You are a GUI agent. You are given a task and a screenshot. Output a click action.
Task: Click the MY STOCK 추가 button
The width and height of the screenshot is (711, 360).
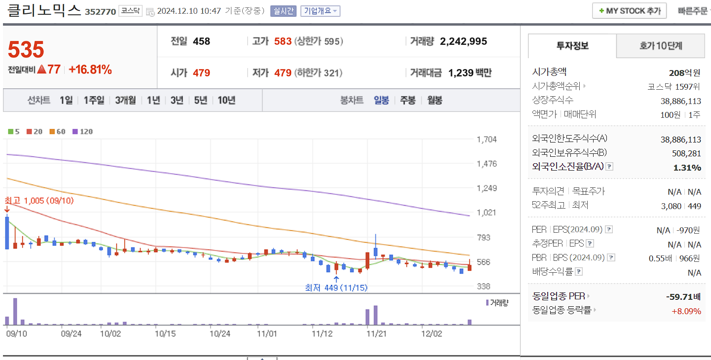click(629, 10)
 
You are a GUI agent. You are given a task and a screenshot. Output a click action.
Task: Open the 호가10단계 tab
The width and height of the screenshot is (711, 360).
click(660, 46)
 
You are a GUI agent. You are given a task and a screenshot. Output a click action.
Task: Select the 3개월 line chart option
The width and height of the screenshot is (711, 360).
click(125, 100)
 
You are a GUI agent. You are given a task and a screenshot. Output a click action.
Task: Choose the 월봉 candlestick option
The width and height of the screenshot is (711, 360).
click(435, 100)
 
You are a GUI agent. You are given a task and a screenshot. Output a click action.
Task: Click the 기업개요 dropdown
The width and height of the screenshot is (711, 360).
click(320, 10)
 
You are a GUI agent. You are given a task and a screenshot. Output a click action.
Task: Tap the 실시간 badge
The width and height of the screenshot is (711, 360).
click(283, 10)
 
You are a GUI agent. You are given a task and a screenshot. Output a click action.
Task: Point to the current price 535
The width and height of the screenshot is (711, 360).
click(26, 50)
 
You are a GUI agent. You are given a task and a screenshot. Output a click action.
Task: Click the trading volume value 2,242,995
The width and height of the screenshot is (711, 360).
click(463, 41)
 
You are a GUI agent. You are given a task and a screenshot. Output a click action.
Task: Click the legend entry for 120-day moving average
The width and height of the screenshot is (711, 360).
click(82, 132)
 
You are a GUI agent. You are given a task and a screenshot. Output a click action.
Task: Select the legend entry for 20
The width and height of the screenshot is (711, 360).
click(35, 132)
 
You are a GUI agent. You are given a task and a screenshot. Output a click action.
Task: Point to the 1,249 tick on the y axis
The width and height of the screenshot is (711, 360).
click(487, 188)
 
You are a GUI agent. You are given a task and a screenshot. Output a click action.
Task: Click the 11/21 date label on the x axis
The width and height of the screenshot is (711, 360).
click(376, 333)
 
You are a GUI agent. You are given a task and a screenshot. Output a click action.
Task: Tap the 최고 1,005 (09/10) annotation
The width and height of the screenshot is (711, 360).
click(39, 201)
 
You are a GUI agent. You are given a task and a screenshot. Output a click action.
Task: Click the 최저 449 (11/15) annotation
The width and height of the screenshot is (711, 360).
click(336, 288)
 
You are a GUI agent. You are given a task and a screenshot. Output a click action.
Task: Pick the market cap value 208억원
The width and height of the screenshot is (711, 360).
click(684, 73)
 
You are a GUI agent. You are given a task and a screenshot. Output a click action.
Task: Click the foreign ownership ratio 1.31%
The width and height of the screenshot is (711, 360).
click(687, 168)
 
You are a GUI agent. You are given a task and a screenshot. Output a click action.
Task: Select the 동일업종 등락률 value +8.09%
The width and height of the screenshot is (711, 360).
click(686, 311)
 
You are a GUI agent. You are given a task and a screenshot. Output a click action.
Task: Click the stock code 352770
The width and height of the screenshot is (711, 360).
click(100, 11)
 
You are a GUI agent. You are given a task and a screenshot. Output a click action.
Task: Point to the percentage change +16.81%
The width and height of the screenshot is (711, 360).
click(90, 70)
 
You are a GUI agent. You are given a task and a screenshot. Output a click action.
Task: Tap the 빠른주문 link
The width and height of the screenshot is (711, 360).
click(692, 10)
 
